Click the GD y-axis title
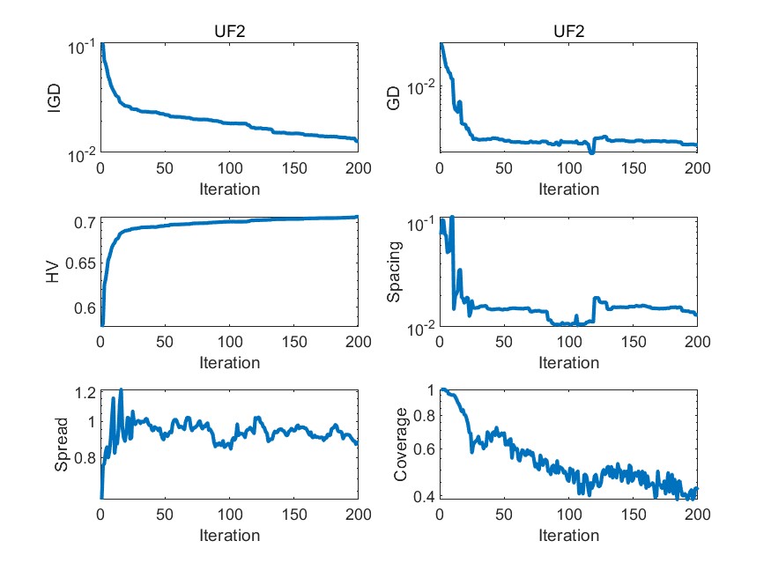click(393, 99)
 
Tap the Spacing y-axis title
click(393, 271)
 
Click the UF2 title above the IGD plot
click(229, 33)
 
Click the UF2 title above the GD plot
click(568, 33)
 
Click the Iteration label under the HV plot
click(229, 362)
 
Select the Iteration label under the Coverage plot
click(568, 535)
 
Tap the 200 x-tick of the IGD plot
click(358, 169)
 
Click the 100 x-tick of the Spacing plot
click(568, 342)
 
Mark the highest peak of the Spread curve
click(121, 389)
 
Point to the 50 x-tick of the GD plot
click(504, 169)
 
